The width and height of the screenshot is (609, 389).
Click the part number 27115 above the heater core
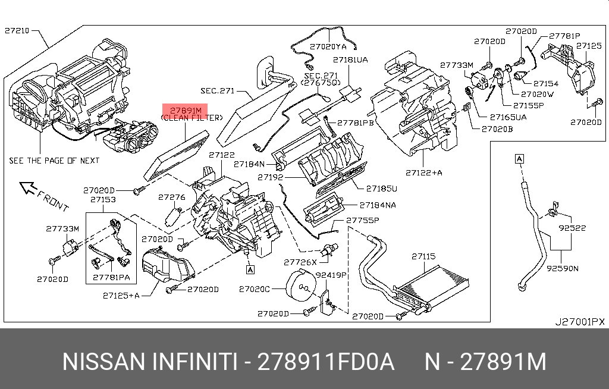pyautogui.click(x=423, y=256)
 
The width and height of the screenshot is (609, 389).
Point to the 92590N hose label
pyautogui.click(x=562, y=268)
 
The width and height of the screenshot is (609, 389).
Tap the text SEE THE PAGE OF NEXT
pyautogui.click(x=54, y=161)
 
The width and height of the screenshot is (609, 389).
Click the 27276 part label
pyautogui.click(x=172, y=197)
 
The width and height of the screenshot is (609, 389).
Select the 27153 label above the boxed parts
pyautogui.click(x=103, y=200)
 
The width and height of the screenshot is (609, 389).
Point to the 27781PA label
pyautogui.click(x=111, y=277)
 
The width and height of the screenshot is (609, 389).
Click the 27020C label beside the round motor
pyautogui.click(x=255, y=289)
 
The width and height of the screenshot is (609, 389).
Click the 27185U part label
pyautogui.click(x=381, y=189)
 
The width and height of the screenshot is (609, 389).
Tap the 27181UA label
pyautogui.click(x=350, y=60)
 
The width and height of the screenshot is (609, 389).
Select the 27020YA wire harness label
pyautogui.click(x=328, y=46)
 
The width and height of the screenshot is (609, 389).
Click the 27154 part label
pyautogui.click(x=545, y=84)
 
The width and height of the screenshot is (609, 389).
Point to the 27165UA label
pyautogui.click(x=508, y=117)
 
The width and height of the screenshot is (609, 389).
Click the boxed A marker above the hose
pyautogui.click(x=519, y=159)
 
